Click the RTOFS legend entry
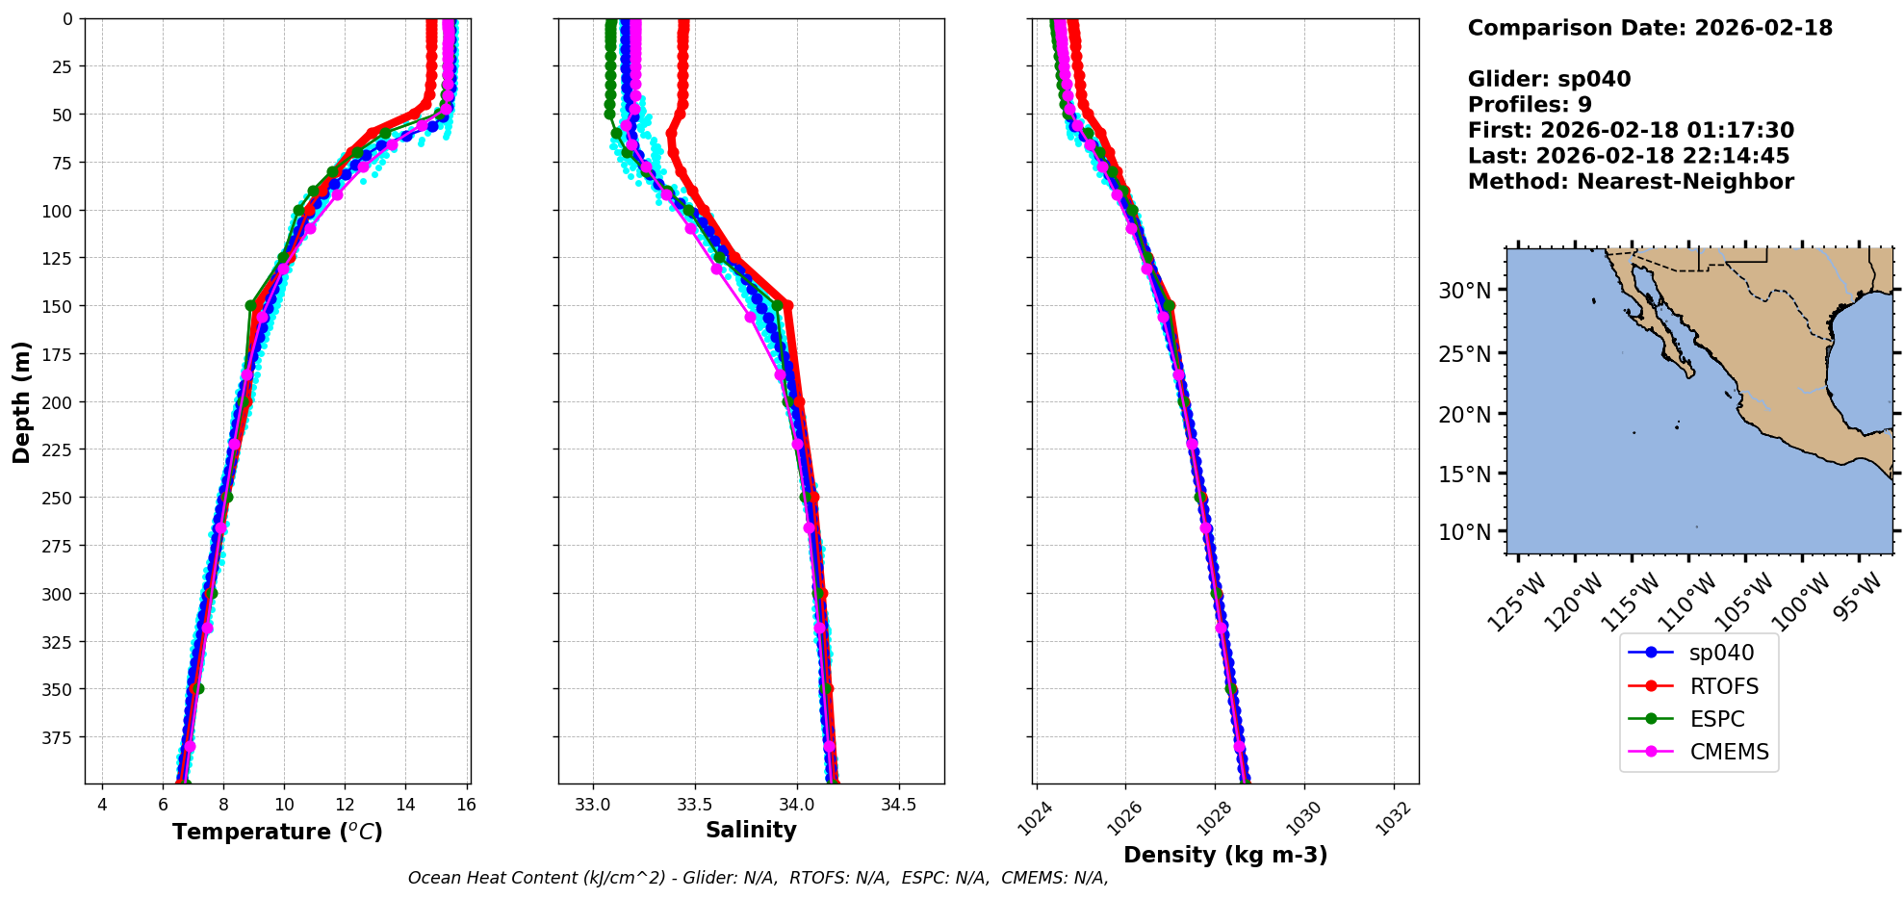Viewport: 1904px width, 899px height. point(1723,686)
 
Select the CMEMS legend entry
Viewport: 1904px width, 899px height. point(1729,752)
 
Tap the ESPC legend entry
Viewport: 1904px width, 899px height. point(1716,719)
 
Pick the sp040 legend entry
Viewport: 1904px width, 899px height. point(1721,653)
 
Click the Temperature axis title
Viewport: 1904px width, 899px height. point(277,832)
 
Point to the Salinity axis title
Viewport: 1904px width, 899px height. point(751,830)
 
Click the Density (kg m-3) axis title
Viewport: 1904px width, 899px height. point(1225,855)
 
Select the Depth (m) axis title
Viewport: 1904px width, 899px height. point(21,401)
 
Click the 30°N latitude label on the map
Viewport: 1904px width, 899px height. point(1464,291)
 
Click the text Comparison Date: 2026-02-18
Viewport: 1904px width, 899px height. point(1650,28)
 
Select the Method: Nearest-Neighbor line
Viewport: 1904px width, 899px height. point(1631,182)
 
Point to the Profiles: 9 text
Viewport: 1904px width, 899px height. point(1530,105)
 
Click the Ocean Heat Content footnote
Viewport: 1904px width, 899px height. point(758,878)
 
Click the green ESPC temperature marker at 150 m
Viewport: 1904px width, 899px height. point(251,306)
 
